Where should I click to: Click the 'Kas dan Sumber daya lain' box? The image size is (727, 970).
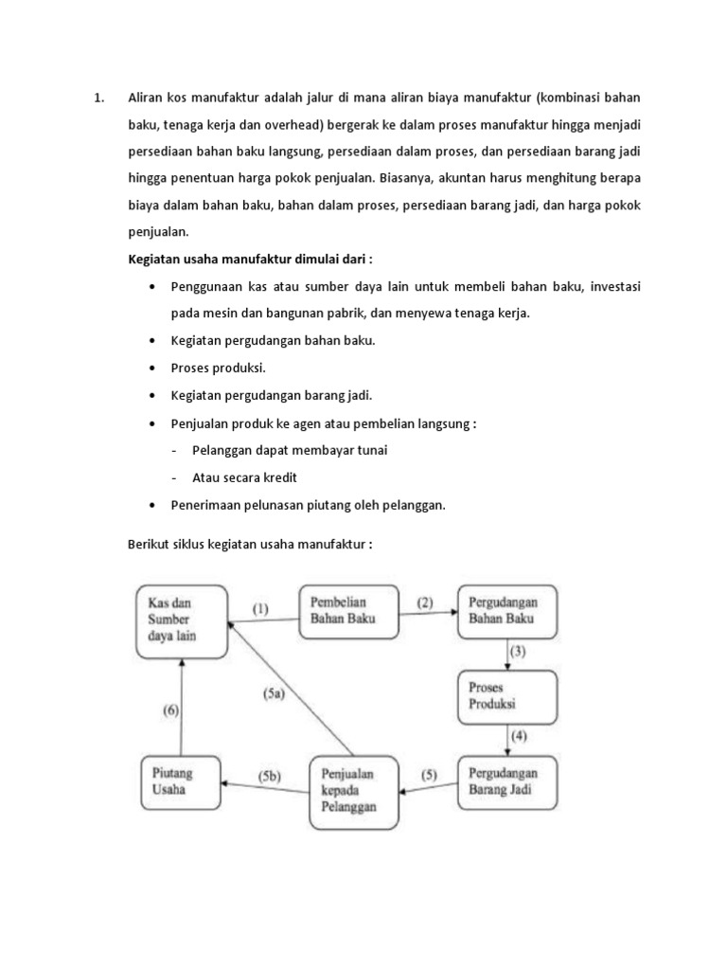180,620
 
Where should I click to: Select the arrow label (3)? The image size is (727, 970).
518,652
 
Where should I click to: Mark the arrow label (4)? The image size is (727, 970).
518,736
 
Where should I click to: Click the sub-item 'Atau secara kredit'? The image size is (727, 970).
251,477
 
